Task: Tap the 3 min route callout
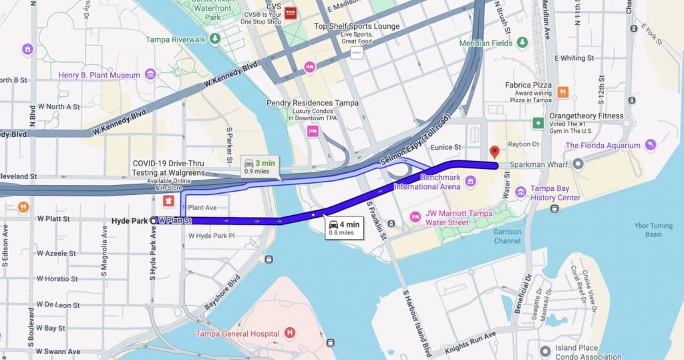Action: click(x=259, y=166)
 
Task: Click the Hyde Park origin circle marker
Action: click(x=154, y=220)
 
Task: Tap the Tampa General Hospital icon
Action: click(x=289, y=333)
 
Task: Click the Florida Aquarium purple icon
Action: click(x=650, y=145)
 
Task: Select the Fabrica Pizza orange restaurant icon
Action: click(x=562, y=92)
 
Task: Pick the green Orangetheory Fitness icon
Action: click(x=538, y=123)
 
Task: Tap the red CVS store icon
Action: click(x=290, y=11)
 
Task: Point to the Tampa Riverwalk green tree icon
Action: click(x=215, y=39)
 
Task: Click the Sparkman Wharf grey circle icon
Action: click(x=578, y=164)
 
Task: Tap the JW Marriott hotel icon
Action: click(x=414, y=217)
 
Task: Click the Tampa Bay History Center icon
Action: click(x=520, y=193)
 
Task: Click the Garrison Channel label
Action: click(x=508, y=236)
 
